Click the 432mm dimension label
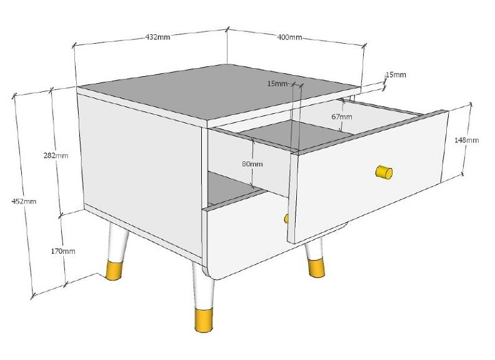pyautogui.click(x=157, y=37)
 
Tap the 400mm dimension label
pyautogui.click(x=289, y=37)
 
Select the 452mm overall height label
pyautogui.click(x=24, y=201)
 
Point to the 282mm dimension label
pyautogui.click(x=56, y=156)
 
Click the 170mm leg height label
pyautogui.click(x=63, y=251)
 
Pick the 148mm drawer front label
pyautogui.click(x=467, y=140)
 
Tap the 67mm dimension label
pyautogui.click(x=342, y=116)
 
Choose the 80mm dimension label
pyautogui.click(x=252, y=164)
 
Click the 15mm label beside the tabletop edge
pyautogui.click(x=396, y=75)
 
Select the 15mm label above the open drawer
pyautogui.click(x=277, y=84)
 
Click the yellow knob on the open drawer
pyautogui.click(x=384, y=172)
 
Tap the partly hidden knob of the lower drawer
pyautogui.click(x=286, y=219)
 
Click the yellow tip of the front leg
pyautogui.click(x=204, y=321)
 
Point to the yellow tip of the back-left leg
pyautogui.click(x=114, y=271)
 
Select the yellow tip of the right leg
pyautogui.click(x=316, y=268)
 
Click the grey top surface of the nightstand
pyautogui.click(x=218, y=92)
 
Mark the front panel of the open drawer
pyautogui.click(x=367, y=177)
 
